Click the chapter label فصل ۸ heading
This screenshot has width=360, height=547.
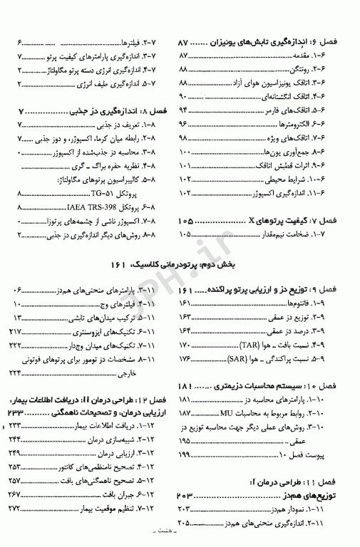158,111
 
